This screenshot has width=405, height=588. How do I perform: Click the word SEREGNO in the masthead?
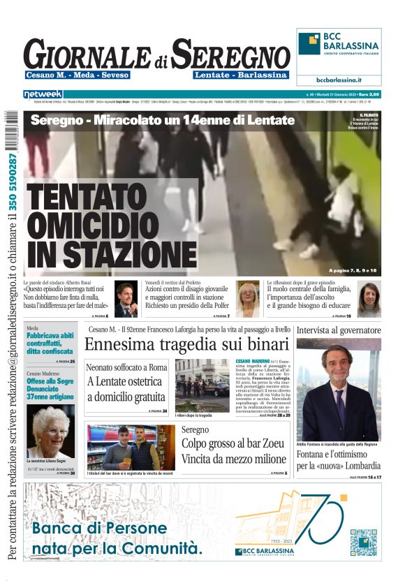click(231, 54)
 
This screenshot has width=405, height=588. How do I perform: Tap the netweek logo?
click(43, 94)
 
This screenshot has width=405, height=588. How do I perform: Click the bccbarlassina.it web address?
click(339, 80)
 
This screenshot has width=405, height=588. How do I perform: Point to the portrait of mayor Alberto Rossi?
click(126, 299)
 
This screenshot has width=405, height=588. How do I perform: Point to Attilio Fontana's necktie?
click(340, 402)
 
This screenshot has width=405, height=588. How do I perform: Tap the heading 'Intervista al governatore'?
click(339, 330)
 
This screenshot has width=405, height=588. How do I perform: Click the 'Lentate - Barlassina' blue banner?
click(241, 75)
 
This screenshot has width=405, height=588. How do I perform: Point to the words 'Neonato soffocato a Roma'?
click(126, 367)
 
